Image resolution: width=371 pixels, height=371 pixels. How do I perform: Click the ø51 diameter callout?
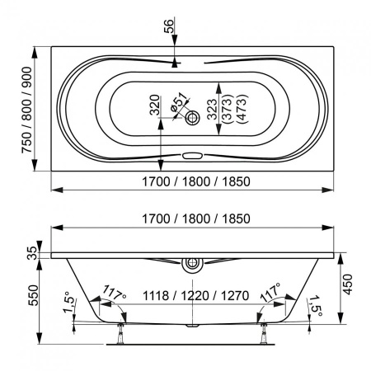point(179,101)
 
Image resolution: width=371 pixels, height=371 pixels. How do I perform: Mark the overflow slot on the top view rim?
point(194,155)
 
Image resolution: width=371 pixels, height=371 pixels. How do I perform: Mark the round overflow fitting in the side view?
point(193,265)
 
